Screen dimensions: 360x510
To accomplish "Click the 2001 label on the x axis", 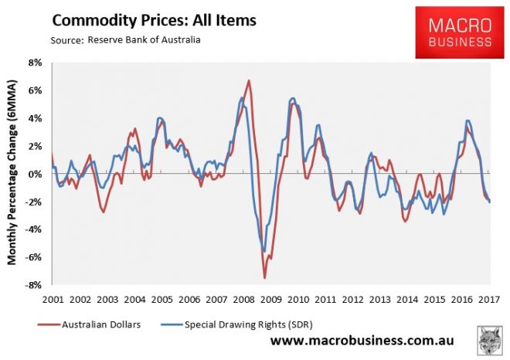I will [52, 298].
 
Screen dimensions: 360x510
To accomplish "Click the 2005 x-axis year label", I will [161, 298].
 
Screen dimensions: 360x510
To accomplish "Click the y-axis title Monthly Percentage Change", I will [13, 174].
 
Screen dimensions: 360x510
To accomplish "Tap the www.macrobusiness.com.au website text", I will [361, 340].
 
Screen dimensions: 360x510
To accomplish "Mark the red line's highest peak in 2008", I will [249, 80].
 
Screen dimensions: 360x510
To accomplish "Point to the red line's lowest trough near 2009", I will [265, 277].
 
